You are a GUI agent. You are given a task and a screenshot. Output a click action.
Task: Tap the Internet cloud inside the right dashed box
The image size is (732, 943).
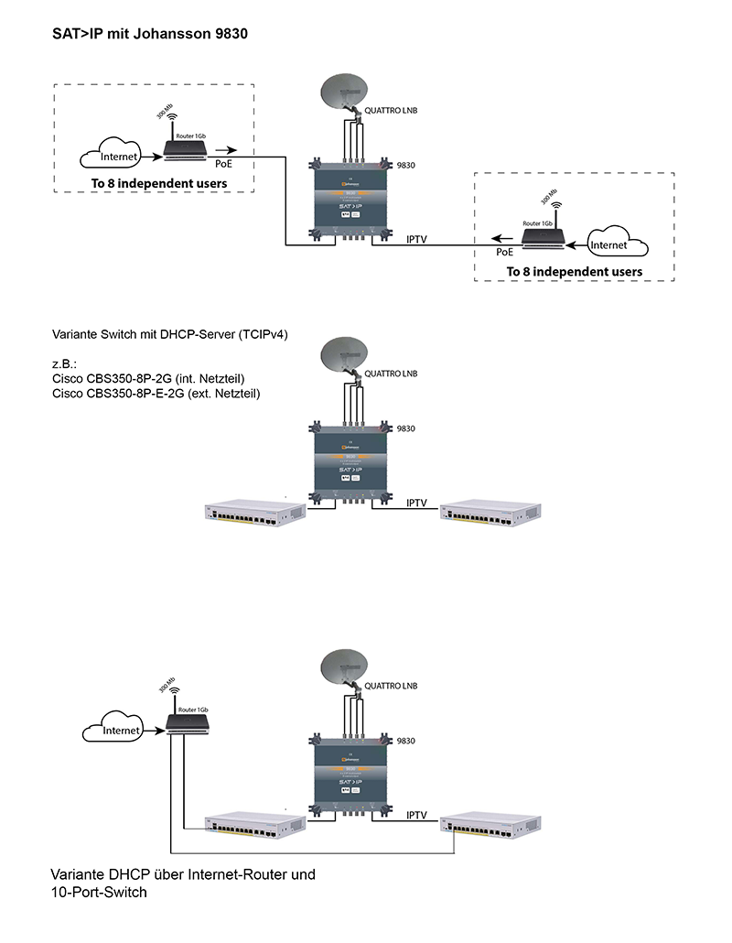(x=610, y=245)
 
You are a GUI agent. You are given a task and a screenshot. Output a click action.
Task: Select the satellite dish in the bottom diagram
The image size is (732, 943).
(x=343, y=668)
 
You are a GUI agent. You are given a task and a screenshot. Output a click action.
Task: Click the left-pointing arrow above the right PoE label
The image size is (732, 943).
(x=502, y=240)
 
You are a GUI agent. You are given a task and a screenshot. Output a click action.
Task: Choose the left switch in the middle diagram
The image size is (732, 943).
(x=253, y=513)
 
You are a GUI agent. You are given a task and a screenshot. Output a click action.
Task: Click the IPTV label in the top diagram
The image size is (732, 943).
(x=417, y=240)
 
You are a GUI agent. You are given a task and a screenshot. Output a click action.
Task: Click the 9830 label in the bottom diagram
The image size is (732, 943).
(x=406, y=739)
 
